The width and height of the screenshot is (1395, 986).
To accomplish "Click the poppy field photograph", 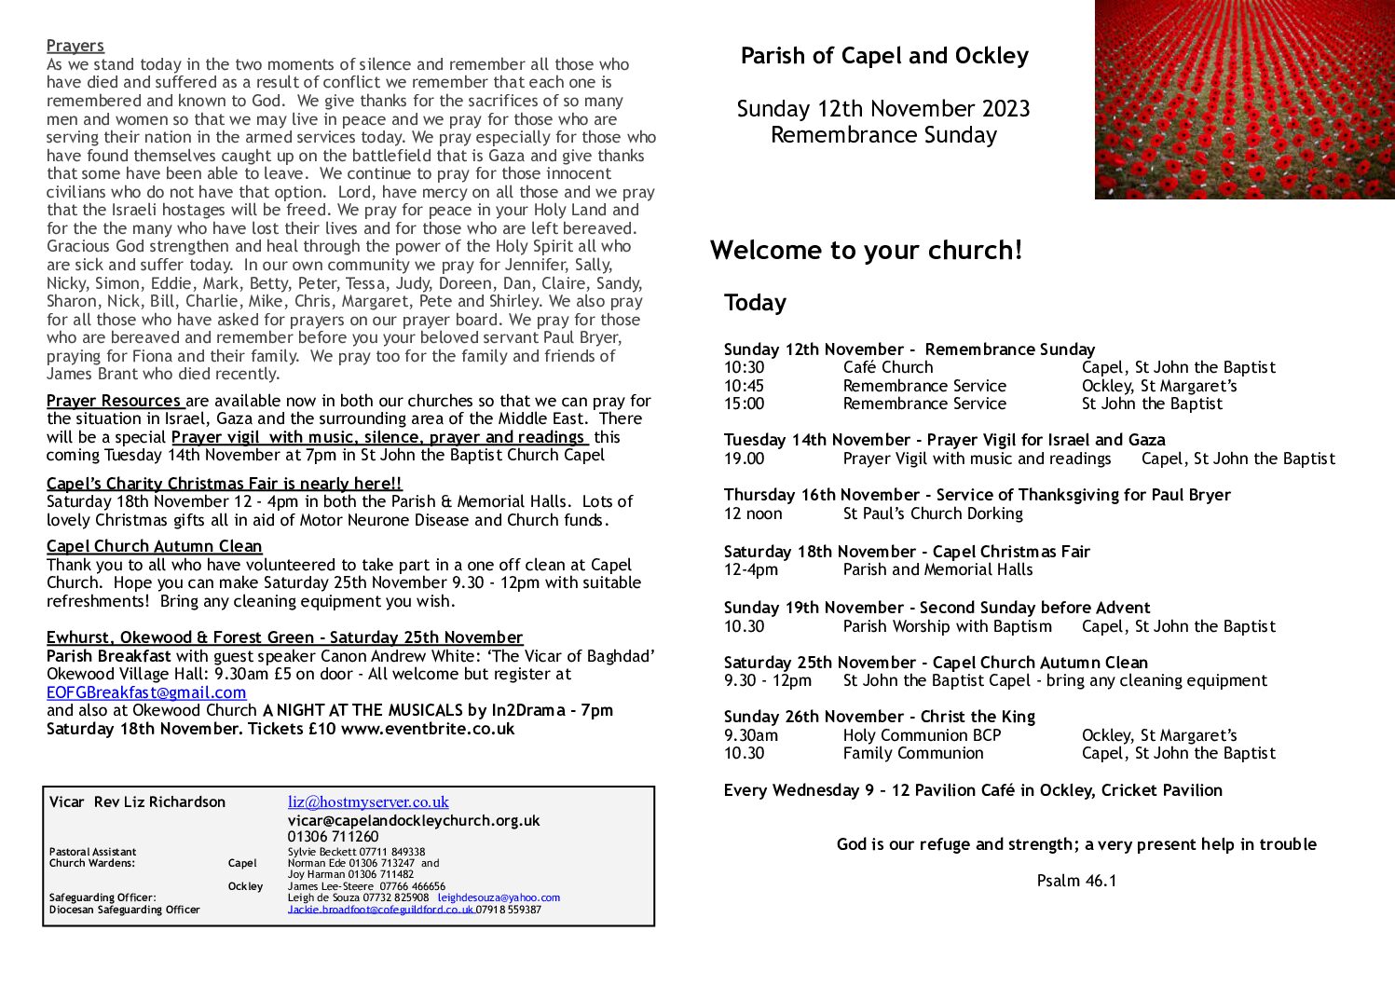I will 1244,100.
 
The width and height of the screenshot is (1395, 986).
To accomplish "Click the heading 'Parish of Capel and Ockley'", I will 884,56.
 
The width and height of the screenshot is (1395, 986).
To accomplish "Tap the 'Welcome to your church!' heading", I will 866,250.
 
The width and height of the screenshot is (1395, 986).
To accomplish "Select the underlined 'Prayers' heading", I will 75,46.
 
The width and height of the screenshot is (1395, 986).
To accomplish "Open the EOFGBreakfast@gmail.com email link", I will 146,692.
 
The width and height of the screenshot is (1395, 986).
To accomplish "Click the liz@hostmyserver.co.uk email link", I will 368,801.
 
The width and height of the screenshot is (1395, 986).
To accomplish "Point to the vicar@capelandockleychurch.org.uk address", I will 414,820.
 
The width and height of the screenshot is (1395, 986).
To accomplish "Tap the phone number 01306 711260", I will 333,836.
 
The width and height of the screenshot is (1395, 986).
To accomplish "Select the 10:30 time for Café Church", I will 744,367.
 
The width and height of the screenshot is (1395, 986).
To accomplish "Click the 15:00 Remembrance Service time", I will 744,404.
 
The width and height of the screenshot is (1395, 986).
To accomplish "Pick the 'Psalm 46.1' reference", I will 1076,881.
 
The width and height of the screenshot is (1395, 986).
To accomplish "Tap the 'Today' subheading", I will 755,303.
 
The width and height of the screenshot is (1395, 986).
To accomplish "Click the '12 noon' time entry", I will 753,514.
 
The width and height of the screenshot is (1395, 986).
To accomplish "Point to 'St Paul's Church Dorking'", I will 933,514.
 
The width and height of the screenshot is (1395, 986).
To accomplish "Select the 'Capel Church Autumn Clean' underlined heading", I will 155,546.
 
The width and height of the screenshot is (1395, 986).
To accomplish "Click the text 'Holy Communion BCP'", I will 922,735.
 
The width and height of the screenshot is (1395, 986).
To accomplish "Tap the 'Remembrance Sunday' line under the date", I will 883,135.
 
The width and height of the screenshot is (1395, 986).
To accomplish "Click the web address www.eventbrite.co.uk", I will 428,729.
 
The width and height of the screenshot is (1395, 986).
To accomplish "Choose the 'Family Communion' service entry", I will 913,753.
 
